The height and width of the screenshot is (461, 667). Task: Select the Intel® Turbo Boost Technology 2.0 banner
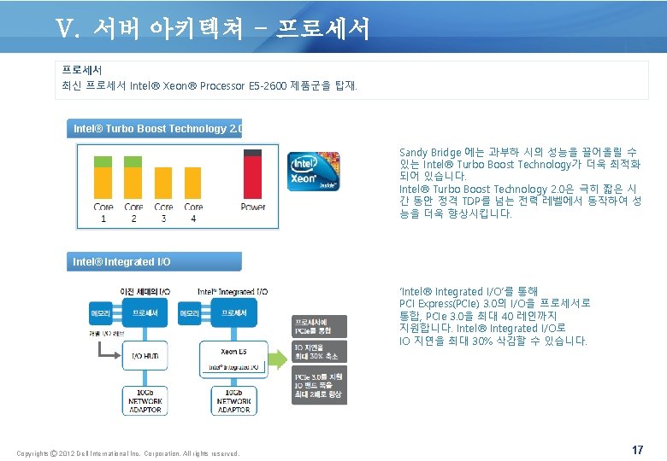(x=156, y=129)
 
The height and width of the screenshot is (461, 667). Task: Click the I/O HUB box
(x=143, y=355)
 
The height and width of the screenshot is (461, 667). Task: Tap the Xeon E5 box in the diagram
(x=233, y=352)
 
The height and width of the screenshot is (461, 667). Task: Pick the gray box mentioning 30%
(x=319, y=352)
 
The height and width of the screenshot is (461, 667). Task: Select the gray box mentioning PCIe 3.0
(x=319, y=386)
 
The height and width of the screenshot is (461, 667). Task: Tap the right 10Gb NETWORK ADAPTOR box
(x=233, y=400)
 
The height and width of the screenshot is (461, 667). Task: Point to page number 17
(x=637, y=450)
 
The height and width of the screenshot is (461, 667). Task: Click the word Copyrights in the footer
(x=33, y=453)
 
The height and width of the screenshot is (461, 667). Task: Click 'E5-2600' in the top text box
(x=269, y=86)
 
